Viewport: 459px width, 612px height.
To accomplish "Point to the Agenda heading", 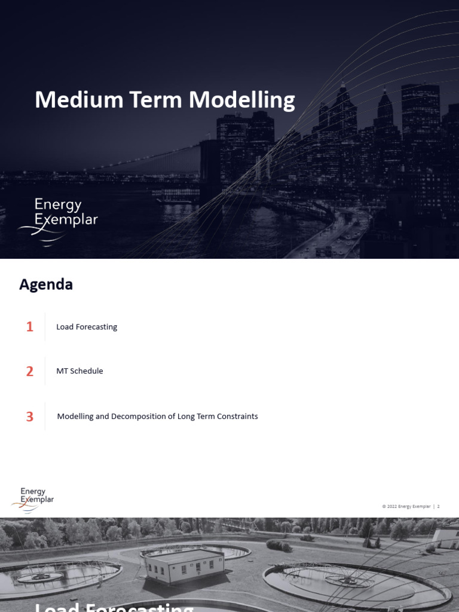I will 46,284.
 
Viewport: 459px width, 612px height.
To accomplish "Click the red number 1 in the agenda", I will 30,327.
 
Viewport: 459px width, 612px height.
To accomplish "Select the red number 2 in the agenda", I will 30,371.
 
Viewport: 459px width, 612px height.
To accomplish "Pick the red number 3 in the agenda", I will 30,417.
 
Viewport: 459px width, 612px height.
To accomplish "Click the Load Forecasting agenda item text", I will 87,327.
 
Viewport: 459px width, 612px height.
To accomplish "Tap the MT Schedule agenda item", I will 79,371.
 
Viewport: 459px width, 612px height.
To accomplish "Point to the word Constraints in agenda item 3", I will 237,417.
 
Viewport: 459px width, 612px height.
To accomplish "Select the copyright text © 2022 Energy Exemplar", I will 406,506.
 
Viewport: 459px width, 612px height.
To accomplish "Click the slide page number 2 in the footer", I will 438,506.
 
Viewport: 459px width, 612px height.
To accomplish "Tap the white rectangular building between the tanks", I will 185,565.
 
